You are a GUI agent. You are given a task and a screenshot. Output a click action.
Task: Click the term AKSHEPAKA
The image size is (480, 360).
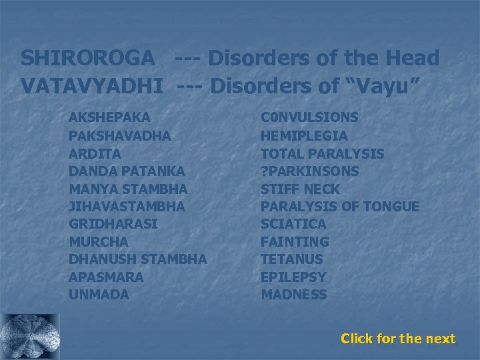109,117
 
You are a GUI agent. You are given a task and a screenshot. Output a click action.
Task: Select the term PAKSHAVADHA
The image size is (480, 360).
120,135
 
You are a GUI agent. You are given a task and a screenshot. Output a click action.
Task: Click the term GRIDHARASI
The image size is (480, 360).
113,224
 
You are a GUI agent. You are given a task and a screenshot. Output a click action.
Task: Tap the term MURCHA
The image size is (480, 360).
97,241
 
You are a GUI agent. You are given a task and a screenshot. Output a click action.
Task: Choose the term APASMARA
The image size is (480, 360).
106,277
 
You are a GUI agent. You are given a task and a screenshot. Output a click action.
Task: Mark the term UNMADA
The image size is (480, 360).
99,295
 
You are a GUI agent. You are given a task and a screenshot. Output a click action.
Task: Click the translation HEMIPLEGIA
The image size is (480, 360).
304,135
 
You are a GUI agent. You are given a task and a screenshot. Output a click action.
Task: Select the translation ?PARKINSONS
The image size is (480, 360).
309,171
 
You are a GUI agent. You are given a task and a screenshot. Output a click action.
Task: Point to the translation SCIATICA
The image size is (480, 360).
293,224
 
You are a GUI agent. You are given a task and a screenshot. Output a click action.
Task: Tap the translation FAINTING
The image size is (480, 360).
295,241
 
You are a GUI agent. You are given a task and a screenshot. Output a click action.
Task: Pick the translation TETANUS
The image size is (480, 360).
292,259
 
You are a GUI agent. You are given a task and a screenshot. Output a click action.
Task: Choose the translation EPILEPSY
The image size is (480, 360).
293,277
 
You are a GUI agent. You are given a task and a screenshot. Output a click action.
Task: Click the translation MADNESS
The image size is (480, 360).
294,295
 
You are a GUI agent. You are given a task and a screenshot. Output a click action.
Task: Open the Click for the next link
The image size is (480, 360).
398,339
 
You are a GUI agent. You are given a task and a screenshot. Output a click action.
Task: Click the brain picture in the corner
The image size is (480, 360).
31,336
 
